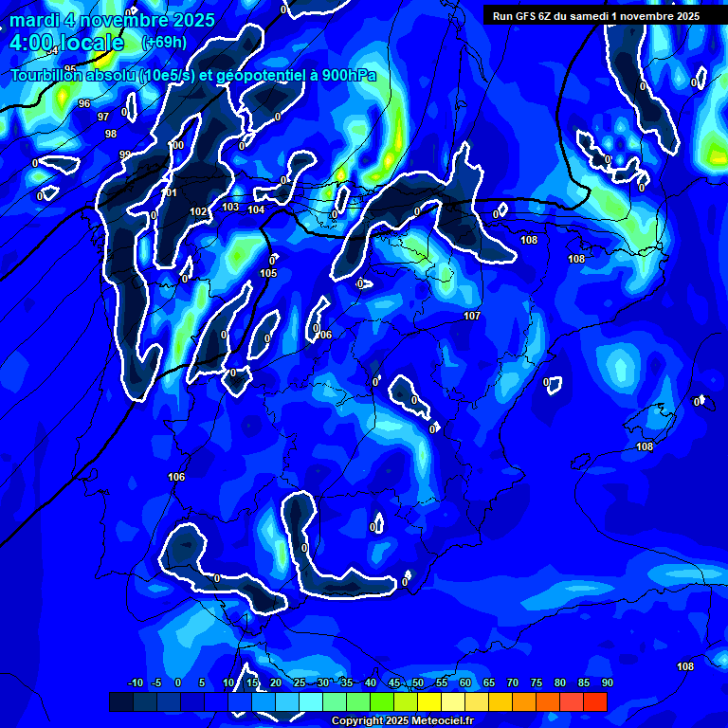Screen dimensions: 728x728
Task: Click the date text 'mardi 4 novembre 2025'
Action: click(112, 20)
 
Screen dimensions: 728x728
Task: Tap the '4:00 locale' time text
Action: click(66, 43)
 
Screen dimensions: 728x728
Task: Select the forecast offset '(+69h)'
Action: click(164, 43)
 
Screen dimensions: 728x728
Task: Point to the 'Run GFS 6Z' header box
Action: click(595, 16)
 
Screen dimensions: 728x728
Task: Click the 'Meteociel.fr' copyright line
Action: click(402, 720)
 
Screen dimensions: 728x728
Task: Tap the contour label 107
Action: click(472, 316)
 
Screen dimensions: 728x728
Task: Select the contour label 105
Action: click(268, 273)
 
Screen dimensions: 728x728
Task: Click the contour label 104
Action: click(256, 209)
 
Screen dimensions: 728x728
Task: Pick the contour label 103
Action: click(230, 207)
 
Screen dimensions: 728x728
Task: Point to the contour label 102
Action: click(198, 211)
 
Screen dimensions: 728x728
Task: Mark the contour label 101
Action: click(170, 193)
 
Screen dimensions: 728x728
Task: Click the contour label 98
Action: click(111, 134)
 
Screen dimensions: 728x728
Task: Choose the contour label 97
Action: click(103, 117)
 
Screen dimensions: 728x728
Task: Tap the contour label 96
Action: click(84, 103)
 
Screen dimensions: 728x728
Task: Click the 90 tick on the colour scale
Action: click(607, 682)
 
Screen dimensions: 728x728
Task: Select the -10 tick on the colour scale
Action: click(135, 682)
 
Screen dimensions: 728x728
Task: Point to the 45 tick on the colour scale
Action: click(394, 682)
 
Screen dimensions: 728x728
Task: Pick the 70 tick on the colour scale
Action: click(513, 682)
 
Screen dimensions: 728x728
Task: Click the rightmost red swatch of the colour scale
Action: click(594, 701)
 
